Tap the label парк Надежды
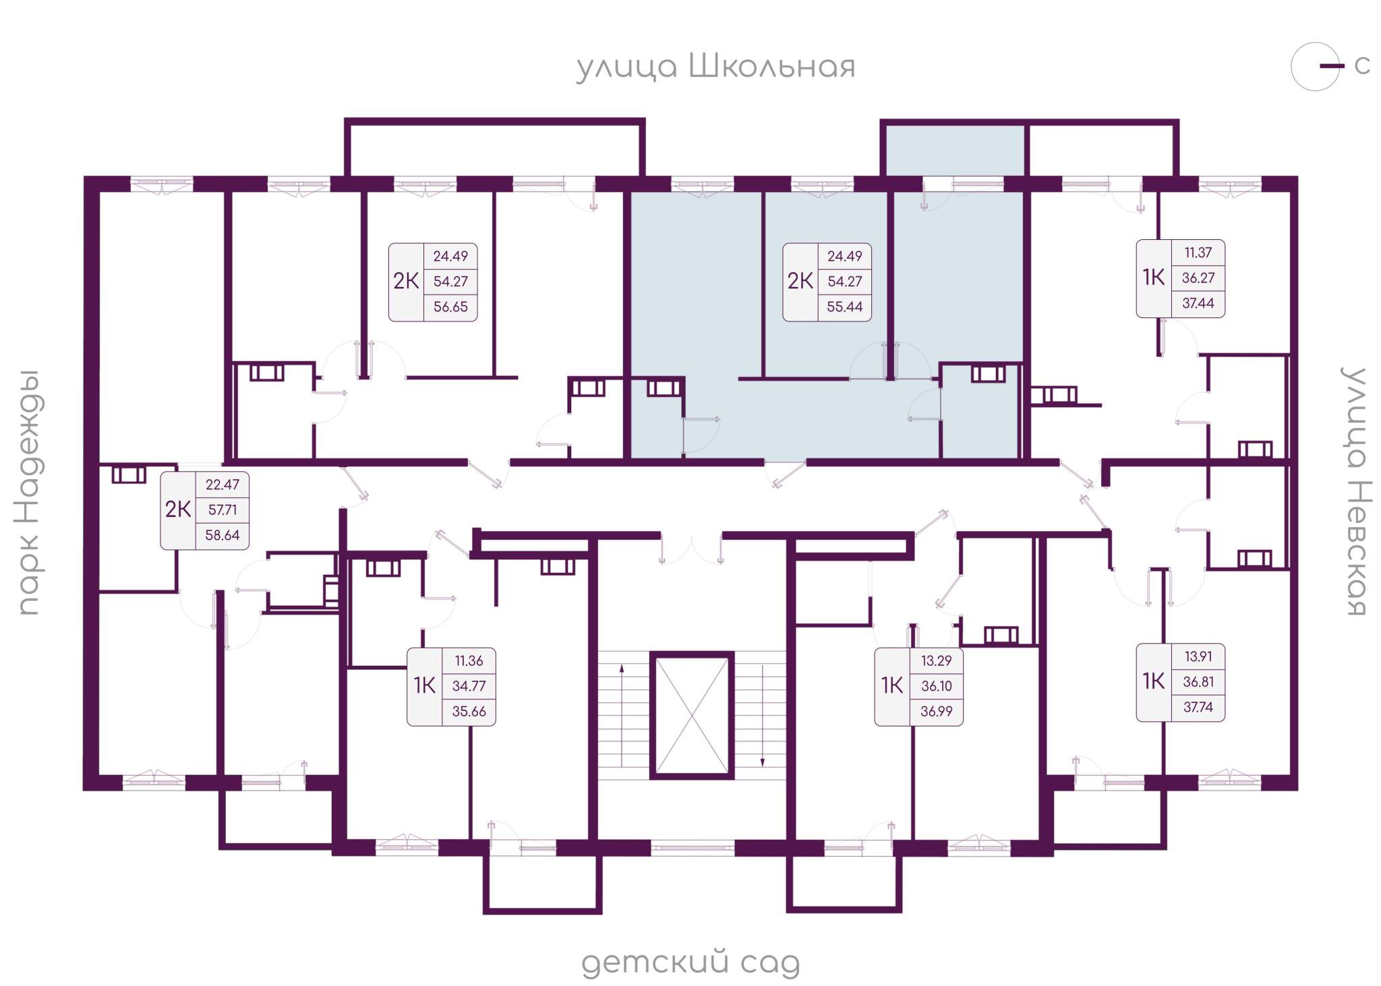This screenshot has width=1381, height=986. tap(30, 493)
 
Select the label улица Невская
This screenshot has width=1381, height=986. tap(1355, 492)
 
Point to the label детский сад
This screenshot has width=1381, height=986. tap(690, 962)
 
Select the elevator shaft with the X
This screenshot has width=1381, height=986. tap(692, 715)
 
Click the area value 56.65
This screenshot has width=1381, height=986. tap(450, 307)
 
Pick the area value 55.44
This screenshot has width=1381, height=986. tap(844, 307)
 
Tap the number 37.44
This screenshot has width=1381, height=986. tap(1198, 303)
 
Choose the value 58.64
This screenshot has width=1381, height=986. tap(223, 535)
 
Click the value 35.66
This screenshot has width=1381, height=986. tap(469, 711)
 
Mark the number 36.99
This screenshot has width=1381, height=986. tap(937, 711)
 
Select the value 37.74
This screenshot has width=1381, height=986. tap(1198, 707)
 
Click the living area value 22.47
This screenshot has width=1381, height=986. tap(223, 485)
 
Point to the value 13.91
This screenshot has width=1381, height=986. tap(1198, 656)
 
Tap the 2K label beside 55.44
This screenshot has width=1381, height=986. tap(800, 281)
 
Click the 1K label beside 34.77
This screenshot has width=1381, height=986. tap(424, 686)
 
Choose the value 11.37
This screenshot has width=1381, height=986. tap(1198, 253)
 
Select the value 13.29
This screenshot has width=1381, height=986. tap(937, 660)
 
